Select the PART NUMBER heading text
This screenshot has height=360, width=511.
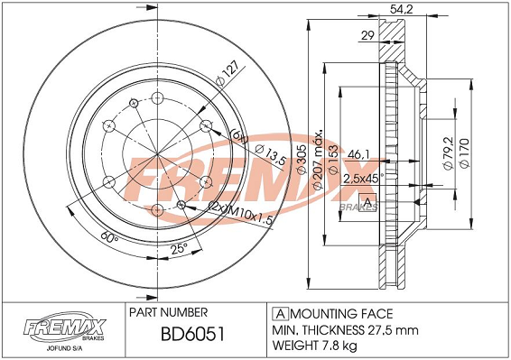coord(171,311)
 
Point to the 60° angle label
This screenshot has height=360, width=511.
coord(110,240)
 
